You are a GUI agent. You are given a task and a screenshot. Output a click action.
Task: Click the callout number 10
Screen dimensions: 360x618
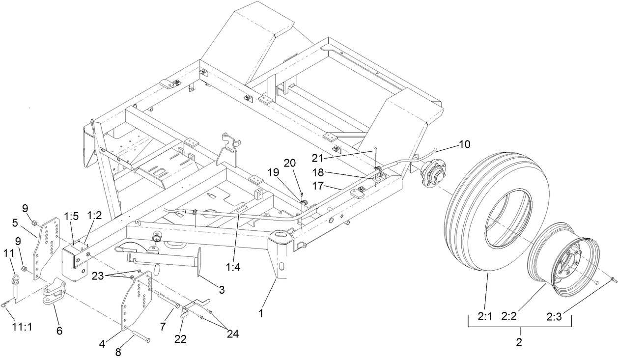(464, 144)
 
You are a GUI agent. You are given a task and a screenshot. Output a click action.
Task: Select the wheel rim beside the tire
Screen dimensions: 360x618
(565, 255)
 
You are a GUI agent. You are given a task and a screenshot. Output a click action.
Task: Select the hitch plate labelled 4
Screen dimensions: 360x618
(137, 305)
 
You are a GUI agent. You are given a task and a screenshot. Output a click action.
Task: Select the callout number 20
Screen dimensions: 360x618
(290, 163)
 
